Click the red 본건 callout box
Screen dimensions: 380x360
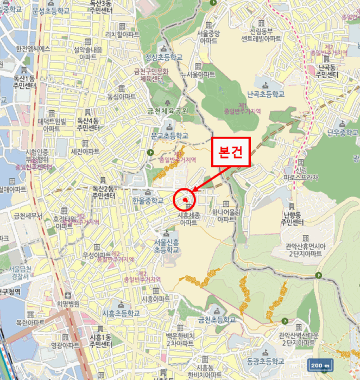coord(230,153)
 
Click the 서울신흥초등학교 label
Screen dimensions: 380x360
coord(166,245)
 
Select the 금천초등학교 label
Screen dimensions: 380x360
coord(218,319)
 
